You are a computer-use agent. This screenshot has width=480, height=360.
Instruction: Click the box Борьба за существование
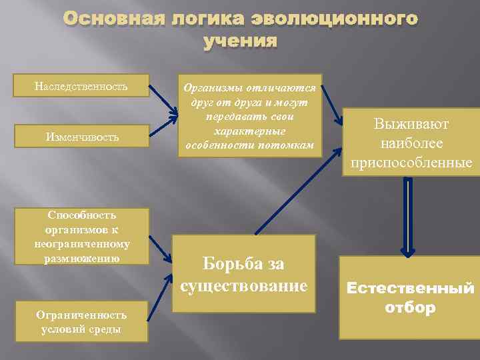243,274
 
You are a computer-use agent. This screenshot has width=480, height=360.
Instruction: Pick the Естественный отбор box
409,297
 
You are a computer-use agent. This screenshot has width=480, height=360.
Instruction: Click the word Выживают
411,125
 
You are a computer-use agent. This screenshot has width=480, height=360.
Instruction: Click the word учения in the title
240,41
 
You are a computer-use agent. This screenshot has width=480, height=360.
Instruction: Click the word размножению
83,256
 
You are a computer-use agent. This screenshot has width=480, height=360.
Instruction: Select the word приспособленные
411,163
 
